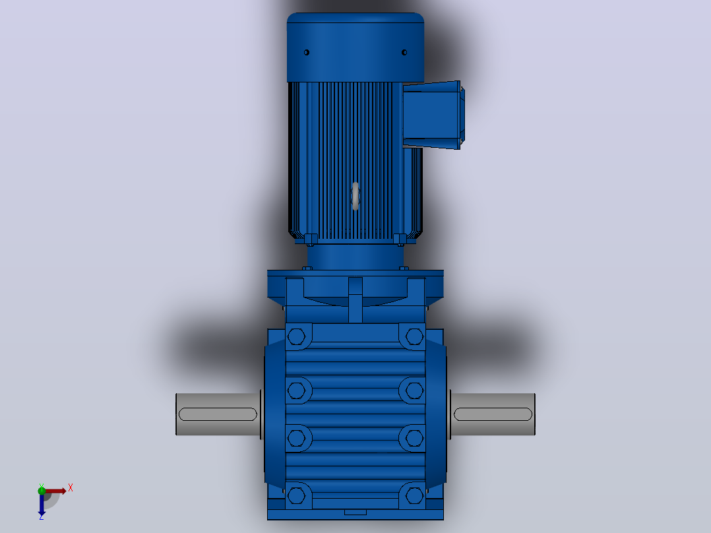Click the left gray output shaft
coord(218,414)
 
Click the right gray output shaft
coord(493,414)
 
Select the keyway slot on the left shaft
coord(218,414)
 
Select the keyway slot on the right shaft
coord(493,414)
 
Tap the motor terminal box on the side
coord(433,115)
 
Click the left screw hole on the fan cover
coord(307,53)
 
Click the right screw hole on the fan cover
coord(404,53)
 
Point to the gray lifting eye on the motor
coord(355,196)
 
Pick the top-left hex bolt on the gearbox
coord(297,336)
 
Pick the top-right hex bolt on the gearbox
coord(414,336)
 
